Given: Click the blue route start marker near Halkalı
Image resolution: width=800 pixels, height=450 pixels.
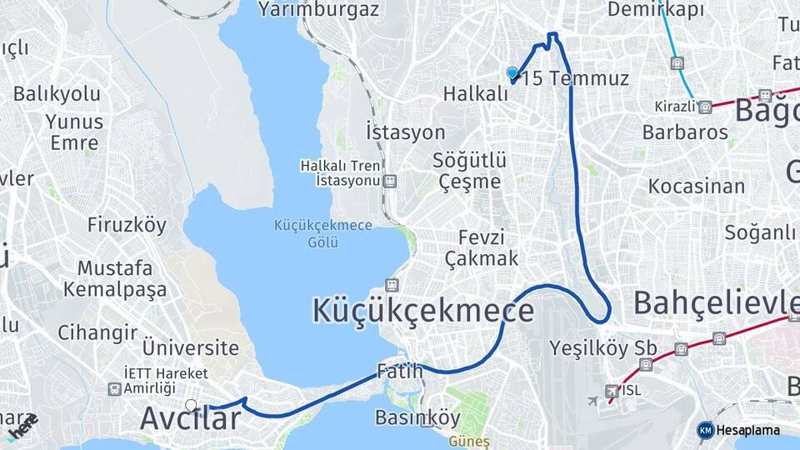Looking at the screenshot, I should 512,73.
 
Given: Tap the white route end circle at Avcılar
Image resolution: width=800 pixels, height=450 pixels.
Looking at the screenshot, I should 192,406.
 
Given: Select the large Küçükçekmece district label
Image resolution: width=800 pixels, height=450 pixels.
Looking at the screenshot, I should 422,310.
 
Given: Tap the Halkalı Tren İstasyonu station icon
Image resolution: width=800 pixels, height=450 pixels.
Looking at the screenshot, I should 390,180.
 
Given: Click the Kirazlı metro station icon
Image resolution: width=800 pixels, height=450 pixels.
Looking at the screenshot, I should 705,107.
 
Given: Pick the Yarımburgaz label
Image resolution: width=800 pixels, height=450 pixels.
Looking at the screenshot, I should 318,10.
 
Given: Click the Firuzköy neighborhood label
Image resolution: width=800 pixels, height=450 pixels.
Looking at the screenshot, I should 127,225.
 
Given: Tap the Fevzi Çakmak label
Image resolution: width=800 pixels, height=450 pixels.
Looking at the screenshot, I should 482,247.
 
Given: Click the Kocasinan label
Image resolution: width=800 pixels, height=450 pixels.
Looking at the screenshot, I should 697,186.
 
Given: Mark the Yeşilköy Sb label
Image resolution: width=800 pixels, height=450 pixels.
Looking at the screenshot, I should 603,347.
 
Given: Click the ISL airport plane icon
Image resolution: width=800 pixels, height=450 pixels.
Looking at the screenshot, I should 612,391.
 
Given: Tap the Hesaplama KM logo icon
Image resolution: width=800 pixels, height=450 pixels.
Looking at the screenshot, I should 706,430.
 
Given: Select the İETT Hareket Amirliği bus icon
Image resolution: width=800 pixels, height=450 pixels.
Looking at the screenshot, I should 114,388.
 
